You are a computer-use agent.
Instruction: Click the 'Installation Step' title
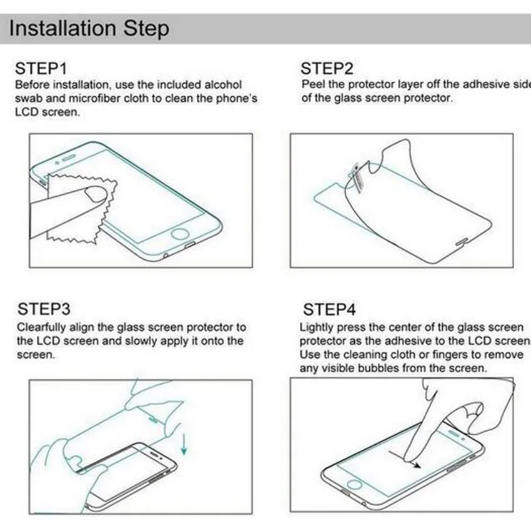point(89,29)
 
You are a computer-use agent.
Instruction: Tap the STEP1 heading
point(41,69)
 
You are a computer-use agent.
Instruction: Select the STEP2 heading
point(327,69)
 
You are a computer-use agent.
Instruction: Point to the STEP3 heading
point(44,309)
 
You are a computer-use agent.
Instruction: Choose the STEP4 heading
point(329,309)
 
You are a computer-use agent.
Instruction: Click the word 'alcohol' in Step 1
point(223,85)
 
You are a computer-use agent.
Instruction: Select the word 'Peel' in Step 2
point(313,84)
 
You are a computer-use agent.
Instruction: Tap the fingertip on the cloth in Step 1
point(95,194)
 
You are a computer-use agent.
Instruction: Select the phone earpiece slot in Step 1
point(69,157)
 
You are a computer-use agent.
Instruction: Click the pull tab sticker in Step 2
point(356,178)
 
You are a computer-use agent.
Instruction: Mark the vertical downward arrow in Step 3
point(184,444)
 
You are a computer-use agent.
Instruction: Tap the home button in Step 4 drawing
point(354,485)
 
